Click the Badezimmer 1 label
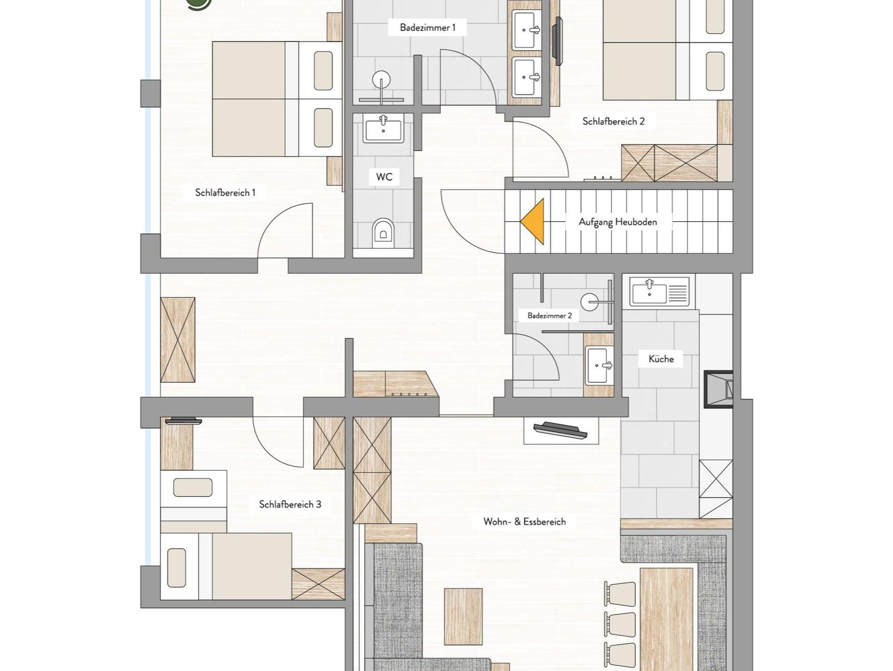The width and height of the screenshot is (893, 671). (x=427, y=28)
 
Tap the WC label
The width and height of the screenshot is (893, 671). (x=384, y=177)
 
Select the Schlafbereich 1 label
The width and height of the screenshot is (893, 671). (x=225, y=192)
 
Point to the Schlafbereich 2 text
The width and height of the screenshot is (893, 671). (x=613, y=121)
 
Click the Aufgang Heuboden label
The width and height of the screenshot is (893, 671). (x=617, y=222)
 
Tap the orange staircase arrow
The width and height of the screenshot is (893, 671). (x=532, y=221)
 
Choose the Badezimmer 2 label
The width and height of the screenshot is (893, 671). (x=549, y=315)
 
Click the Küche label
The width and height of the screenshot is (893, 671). (x=661, y=359)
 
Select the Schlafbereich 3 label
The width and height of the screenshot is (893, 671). (x=290, y=504)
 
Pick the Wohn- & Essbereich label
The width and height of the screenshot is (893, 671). (x=525, y=522)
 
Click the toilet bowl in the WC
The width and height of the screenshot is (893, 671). (x=383, y=233)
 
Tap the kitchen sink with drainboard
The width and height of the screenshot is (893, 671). (x=659, y=291)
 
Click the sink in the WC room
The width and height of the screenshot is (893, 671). (x=383, y=129)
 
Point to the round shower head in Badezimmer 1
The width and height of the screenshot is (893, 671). (x=382, y=80)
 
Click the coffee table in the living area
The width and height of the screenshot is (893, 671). (x=463, y=616)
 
